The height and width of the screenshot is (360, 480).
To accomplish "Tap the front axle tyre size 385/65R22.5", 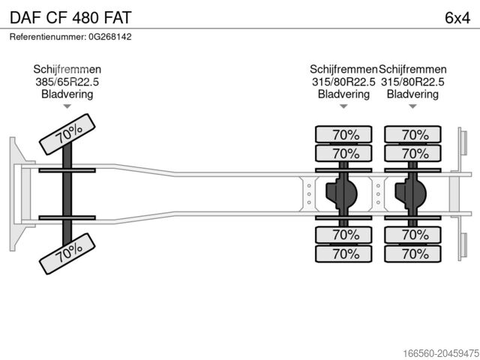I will tap(67, 82).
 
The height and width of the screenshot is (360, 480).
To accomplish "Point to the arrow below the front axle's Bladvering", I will tap(67, 106).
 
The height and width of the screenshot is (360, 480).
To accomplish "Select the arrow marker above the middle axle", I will tap(344, 106).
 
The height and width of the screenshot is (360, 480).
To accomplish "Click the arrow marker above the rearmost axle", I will tap(412, 106).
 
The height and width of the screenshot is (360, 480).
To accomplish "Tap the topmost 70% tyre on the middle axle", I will tap(344, 135).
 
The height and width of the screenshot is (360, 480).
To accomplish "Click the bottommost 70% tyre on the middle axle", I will tap(344, 253).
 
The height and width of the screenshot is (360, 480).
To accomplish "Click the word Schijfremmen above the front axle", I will tap(67, 69).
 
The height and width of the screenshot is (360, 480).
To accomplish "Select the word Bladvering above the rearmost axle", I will tap(412, 94).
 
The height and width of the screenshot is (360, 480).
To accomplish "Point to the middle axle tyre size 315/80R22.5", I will tap(344, 82).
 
